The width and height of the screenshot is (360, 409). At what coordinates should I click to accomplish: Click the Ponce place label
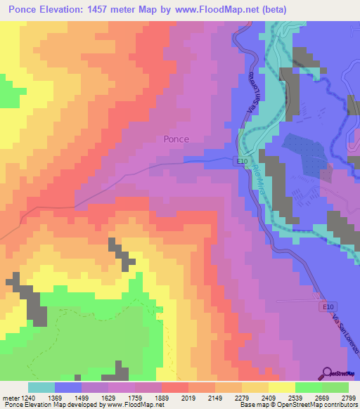coord(176,139)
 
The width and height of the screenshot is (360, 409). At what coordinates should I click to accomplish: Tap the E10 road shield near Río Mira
coord(240,161)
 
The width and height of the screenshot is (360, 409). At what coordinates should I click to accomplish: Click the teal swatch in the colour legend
coord(41,387)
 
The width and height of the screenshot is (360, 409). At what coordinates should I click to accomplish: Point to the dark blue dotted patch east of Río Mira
coord(304,154)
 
